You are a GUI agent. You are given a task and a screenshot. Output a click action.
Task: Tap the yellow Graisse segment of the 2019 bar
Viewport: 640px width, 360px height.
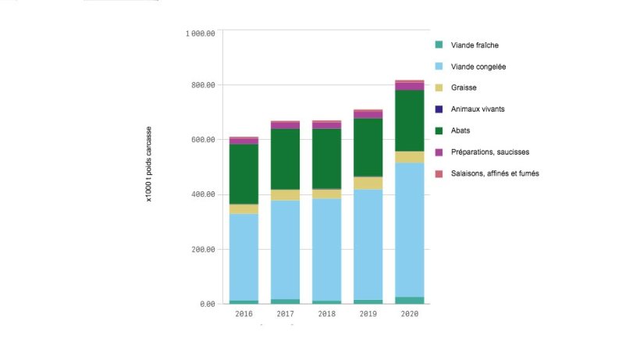coord(368,183)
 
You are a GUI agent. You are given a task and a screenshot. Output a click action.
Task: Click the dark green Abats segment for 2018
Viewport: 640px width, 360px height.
coord(326,159)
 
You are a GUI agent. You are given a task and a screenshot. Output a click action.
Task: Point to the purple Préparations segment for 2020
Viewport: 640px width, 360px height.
coord(409,86)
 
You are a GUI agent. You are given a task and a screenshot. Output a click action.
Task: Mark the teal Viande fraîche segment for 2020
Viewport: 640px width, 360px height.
coord(409,300)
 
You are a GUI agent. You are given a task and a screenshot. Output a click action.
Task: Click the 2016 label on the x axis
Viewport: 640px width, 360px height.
coord(243,314)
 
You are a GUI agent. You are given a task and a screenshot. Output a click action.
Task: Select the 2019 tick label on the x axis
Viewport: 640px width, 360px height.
coord(368,314)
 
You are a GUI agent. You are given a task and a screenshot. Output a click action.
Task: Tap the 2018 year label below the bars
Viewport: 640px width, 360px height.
coord(326,314)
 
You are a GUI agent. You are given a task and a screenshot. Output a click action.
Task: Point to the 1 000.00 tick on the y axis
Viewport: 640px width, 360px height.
coord(200,34)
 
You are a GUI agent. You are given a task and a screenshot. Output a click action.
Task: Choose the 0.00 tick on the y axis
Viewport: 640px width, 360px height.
coord(208,304)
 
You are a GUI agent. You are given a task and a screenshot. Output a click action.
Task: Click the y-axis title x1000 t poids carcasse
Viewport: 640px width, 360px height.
coord(148,166)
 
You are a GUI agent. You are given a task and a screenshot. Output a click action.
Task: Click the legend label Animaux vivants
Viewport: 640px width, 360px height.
coord(478,109)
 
